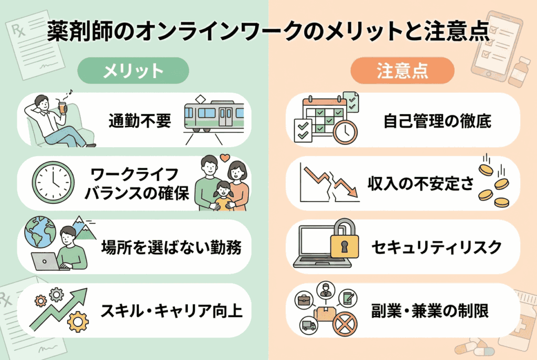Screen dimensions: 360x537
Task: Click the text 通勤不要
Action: point(140,121)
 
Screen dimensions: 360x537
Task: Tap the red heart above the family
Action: point(224,156)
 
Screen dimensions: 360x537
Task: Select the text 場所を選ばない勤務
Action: point(171,247)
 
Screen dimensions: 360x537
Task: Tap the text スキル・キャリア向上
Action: point(171,311)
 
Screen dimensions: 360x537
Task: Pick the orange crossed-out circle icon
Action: point(344,325)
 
